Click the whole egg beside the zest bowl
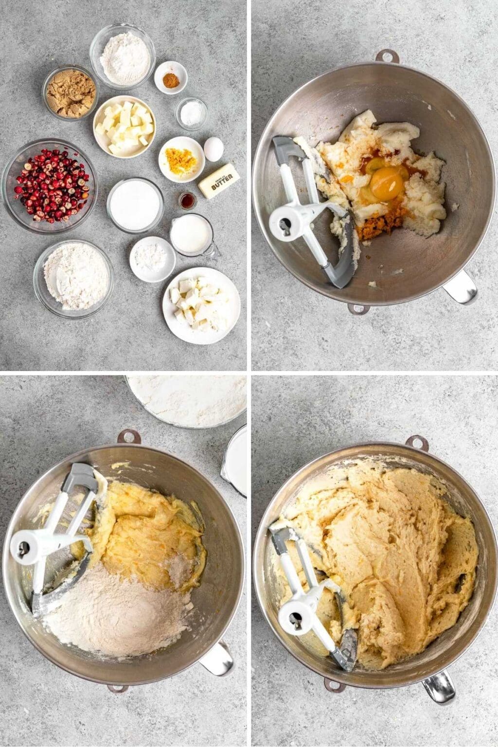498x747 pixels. coord(213,149)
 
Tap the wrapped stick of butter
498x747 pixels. coord(219,181)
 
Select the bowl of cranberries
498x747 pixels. coord(50,186)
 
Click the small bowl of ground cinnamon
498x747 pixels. coord(171,77)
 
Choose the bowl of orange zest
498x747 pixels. coord(181,160)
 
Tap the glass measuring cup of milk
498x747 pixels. coord(191,235)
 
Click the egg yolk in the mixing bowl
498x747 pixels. coord(387,185)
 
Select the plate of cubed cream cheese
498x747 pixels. coord(201,305)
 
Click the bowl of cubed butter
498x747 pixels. coord(124,126)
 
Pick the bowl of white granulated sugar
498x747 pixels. coord(135,205)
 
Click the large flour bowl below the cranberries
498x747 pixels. coord(74,278)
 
